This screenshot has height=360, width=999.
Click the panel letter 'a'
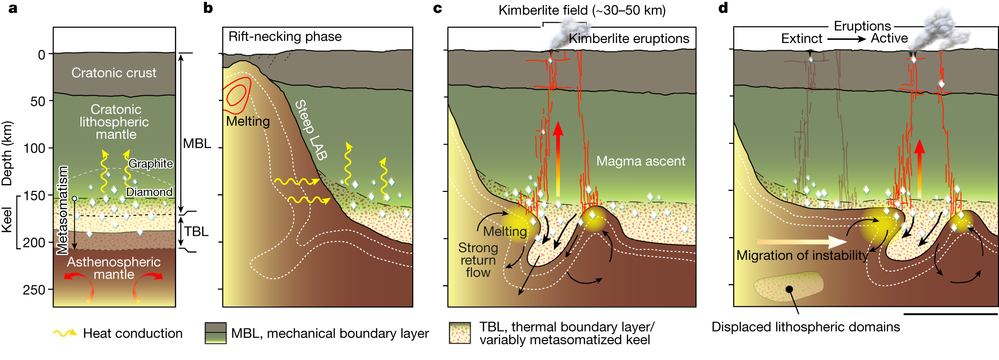[13, 8]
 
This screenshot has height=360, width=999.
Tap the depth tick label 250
[34, 290]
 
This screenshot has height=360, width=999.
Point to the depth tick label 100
[34, 148]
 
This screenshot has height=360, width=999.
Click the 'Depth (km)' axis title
[7, 153]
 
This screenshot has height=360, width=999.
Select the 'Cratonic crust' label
[114, 73]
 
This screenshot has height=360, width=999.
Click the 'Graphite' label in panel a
[151, 164]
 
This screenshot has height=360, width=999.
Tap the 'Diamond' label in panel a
[149, 192]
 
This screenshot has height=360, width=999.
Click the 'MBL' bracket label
[197, 143]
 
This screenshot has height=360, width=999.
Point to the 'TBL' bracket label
[196, 231]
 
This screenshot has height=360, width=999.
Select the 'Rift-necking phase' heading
[285, 37]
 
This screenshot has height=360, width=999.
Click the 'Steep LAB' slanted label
[311, 130]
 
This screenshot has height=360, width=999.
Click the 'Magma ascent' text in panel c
[640, 161]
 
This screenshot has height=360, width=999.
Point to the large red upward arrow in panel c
[558, 157]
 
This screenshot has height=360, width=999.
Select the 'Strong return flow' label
[478, 260]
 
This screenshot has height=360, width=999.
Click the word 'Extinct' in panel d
[802, 38]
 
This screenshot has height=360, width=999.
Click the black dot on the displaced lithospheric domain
[789, 289]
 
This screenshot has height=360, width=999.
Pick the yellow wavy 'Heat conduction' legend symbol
[65, 333]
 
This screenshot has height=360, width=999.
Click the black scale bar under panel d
[950, 314]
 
